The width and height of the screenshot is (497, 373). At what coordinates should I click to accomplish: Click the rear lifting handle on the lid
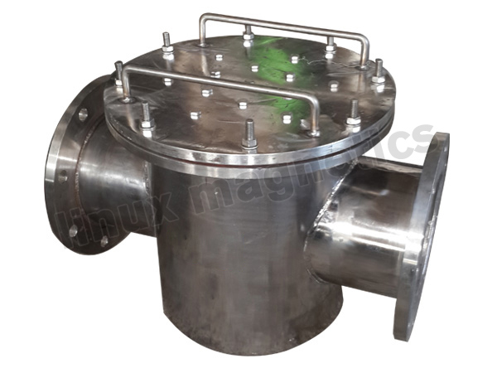click(282, 17)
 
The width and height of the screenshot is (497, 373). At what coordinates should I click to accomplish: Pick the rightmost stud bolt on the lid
click(379, 70)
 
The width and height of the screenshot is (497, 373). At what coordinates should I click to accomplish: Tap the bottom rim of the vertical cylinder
click(248, 348)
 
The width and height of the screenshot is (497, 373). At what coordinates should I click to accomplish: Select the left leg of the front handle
click(129, 83)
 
